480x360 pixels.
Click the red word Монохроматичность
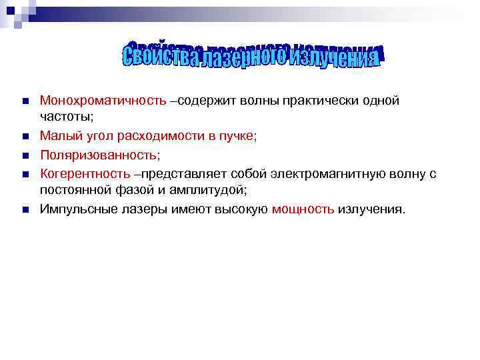[103, 101]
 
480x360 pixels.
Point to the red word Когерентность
[85, 174]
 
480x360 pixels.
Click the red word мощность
[303, 209]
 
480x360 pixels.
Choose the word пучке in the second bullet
[237, 136]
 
